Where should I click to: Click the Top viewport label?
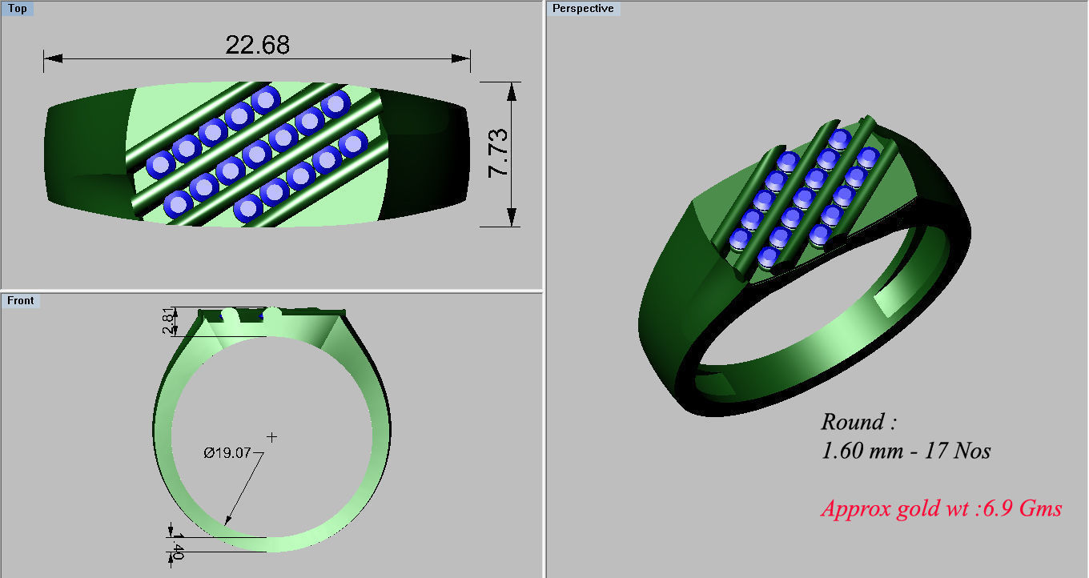pos(17,9)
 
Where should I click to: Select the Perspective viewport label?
pos(583,9)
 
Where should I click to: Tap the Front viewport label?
pos(21,300)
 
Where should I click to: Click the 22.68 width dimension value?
pos(257,45)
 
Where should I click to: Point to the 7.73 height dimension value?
pos(497,154)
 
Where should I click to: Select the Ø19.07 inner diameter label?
pos(227,453)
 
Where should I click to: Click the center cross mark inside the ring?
pos(272,437)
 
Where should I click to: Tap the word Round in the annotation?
pos(852,422)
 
